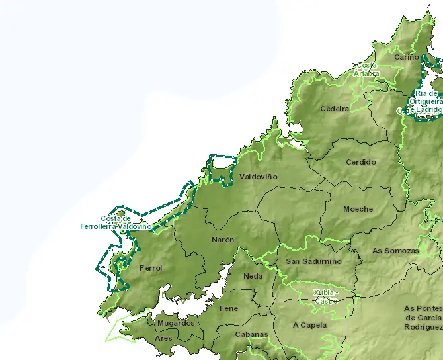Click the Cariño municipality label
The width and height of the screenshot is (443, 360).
pyautogui.click(x=407, y=58)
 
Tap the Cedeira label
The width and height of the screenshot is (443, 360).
pyautogui.click(x=335, y=109)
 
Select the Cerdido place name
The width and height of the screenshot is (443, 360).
pyautogui.click(x=361, y=162)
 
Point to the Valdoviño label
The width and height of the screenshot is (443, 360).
pyautogui.click(x=259, y=177)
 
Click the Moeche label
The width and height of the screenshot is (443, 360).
pyautogui.click(x=358, y=209)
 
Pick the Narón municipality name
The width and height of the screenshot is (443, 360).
pyautogui.click(x=223, y=240)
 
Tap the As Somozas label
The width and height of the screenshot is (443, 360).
pyautogui.click(x=395, y=251)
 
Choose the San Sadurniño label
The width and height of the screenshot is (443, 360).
pyautogui.click(x=313, y=261)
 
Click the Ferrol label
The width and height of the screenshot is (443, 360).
pyautogui.click(x=151, y=268)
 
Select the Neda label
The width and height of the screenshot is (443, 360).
pyautogui.click(x=253, y=276)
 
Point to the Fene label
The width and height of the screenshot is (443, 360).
pyautogui.click(x=229, y=308)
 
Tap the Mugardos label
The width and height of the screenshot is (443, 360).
pyautogui.click(x=176, y=323)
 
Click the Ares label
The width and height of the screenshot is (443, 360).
pyautogui.click(x=163, y=338)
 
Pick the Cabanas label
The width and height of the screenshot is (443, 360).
pyautogui.click(x=251, y=334)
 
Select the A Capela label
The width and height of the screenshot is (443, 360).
pyautogui.click(x=310, y=325)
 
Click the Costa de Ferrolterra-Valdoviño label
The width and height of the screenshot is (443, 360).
pyautogui.click(x=116, y=222)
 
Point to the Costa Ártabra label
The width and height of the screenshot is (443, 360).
pyautogui.click(x=366, y=69)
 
